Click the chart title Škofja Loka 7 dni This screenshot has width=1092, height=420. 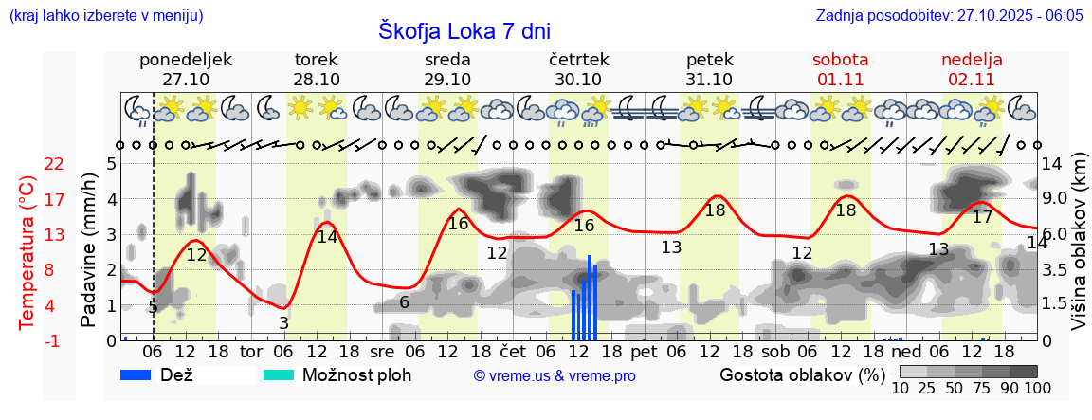tap(464, 30)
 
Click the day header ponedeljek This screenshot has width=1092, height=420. tap(186, 60)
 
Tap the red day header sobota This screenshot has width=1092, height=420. tap(840, 60)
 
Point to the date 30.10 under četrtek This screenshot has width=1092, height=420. tap(578, 80)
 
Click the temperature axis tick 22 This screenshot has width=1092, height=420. tap(28, 164)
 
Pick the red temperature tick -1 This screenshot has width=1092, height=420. tap(28, 340)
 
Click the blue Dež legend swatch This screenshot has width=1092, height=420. tap(142, 374)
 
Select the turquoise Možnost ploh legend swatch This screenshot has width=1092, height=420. tap(279, 374)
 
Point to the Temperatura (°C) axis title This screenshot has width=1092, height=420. tap(28, 251)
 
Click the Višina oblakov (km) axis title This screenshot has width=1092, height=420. tap(1079, 251)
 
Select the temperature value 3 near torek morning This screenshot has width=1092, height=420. tap(283, 323)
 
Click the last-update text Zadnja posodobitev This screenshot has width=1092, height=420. tap(949, 16)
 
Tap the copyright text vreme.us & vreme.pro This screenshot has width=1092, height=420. tap(555, 375)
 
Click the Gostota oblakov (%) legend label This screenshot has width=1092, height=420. tap(794, 374)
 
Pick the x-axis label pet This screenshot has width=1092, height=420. tap(644, 352)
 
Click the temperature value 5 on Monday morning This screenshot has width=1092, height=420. tap(154, 306)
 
